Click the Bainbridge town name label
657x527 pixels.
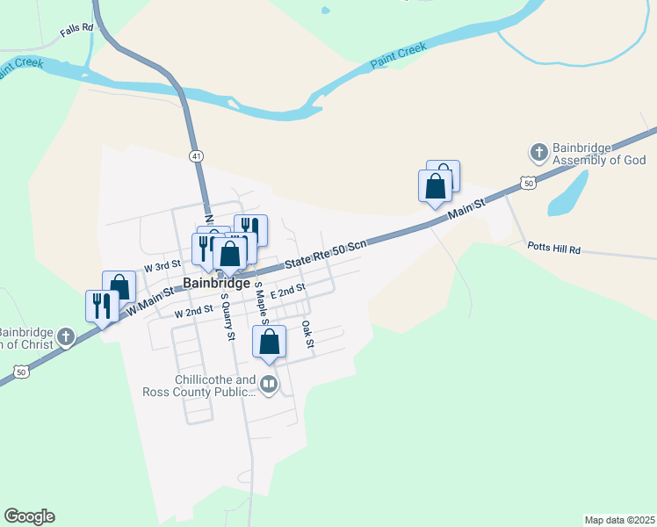217,284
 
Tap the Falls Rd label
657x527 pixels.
76,31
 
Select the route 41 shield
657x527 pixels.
195,155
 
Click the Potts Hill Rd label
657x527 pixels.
555,249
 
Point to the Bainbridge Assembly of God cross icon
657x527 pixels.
539,153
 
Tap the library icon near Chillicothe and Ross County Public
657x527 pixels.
268,384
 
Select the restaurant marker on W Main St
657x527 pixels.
101,307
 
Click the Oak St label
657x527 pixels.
307,334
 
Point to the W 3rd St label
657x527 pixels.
162,264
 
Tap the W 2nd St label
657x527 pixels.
194,312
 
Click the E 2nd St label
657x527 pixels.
287,290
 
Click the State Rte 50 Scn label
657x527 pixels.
325,256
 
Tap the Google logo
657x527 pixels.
29,516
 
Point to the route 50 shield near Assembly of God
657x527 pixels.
527,183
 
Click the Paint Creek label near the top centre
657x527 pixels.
398,54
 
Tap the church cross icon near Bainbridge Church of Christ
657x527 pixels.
66,336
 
